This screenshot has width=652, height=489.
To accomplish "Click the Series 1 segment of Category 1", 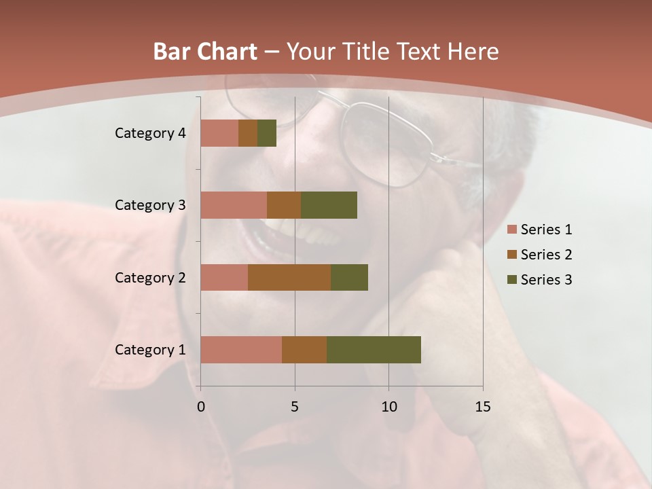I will coord(241,350).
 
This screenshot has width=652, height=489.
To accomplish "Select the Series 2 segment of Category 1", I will coord(304,350).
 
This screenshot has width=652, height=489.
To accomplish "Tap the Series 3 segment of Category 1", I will coord(374,350).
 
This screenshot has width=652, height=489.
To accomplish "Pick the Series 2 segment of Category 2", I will coord(289,277).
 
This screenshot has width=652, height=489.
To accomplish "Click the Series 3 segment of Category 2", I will coord(349,277).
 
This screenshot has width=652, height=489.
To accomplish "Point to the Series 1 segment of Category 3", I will coord(234,205).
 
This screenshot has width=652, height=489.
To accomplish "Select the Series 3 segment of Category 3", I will coord(329,205).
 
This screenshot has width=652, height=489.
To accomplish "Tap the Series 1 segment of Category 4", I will coord(219,133).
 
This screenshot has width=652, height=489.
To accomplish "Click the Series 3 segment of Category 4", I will coord(267,133).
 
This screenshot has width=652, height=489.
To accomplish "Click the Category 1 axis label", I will coord(150,350).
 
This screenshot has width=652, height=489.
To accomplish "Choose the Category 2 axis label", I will coord(150,277).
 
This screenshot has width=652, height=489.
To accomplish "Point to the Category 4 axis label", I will coord(150,133).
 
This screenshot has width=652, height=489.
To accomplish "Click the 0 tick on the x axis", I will coord(201,407).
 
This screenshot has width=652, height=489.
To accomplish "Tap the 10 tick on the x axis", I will coord(388,407).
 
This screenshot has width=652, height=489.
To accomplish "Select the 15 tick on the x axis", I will coord(483,407).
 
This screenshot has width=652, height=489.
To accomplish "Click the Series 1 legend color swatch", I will coord(511,230).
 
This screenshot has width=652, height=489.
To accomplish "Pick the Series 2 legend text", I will coord(546,255).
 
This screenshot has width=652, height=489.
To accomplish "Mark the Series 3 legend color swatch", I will coord(511,280).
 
